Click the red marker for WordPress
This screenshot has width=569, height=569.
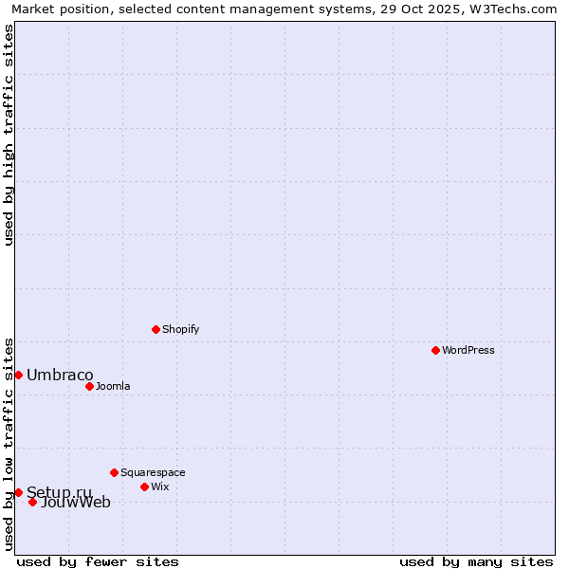[x=435, y=350]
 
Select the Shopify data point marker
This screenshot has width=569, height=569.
[x=156, y=329]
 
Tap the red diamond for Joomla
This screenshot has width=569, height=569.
[x=89, y=386]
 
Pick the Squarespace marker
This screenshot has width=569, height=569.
[x=114, y=472]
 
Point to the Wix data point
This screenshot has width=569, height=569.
[x=144, y=486]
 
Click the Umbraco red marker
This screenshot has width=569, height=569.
[x=18, y=375]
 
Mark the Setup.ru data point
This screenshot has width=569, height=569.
[x=18, y=492]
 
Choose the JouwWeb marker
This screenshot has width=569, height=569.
[x=32, y=502]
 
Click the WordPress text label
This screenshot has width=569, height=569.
[x=468, y=350]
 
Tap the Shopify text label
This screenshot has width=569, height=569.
[x=180, y=329]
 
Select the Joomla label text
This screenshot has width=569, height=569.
[x=113, y=386]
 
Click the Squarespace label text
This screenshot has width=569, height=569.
[x=153, y=472]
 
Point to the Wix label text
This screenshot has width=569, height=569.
[x=159, y=486]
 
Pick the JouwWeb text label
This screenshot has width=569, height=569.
[x=76, y=503]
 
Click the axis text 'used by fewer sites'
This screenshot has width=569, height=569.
[x=98, y=561]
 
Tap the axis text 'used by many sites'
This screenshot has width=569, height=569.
[x=476, y=561]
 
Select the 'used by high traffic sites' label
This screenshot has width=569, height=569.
[x=9, y=135]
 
